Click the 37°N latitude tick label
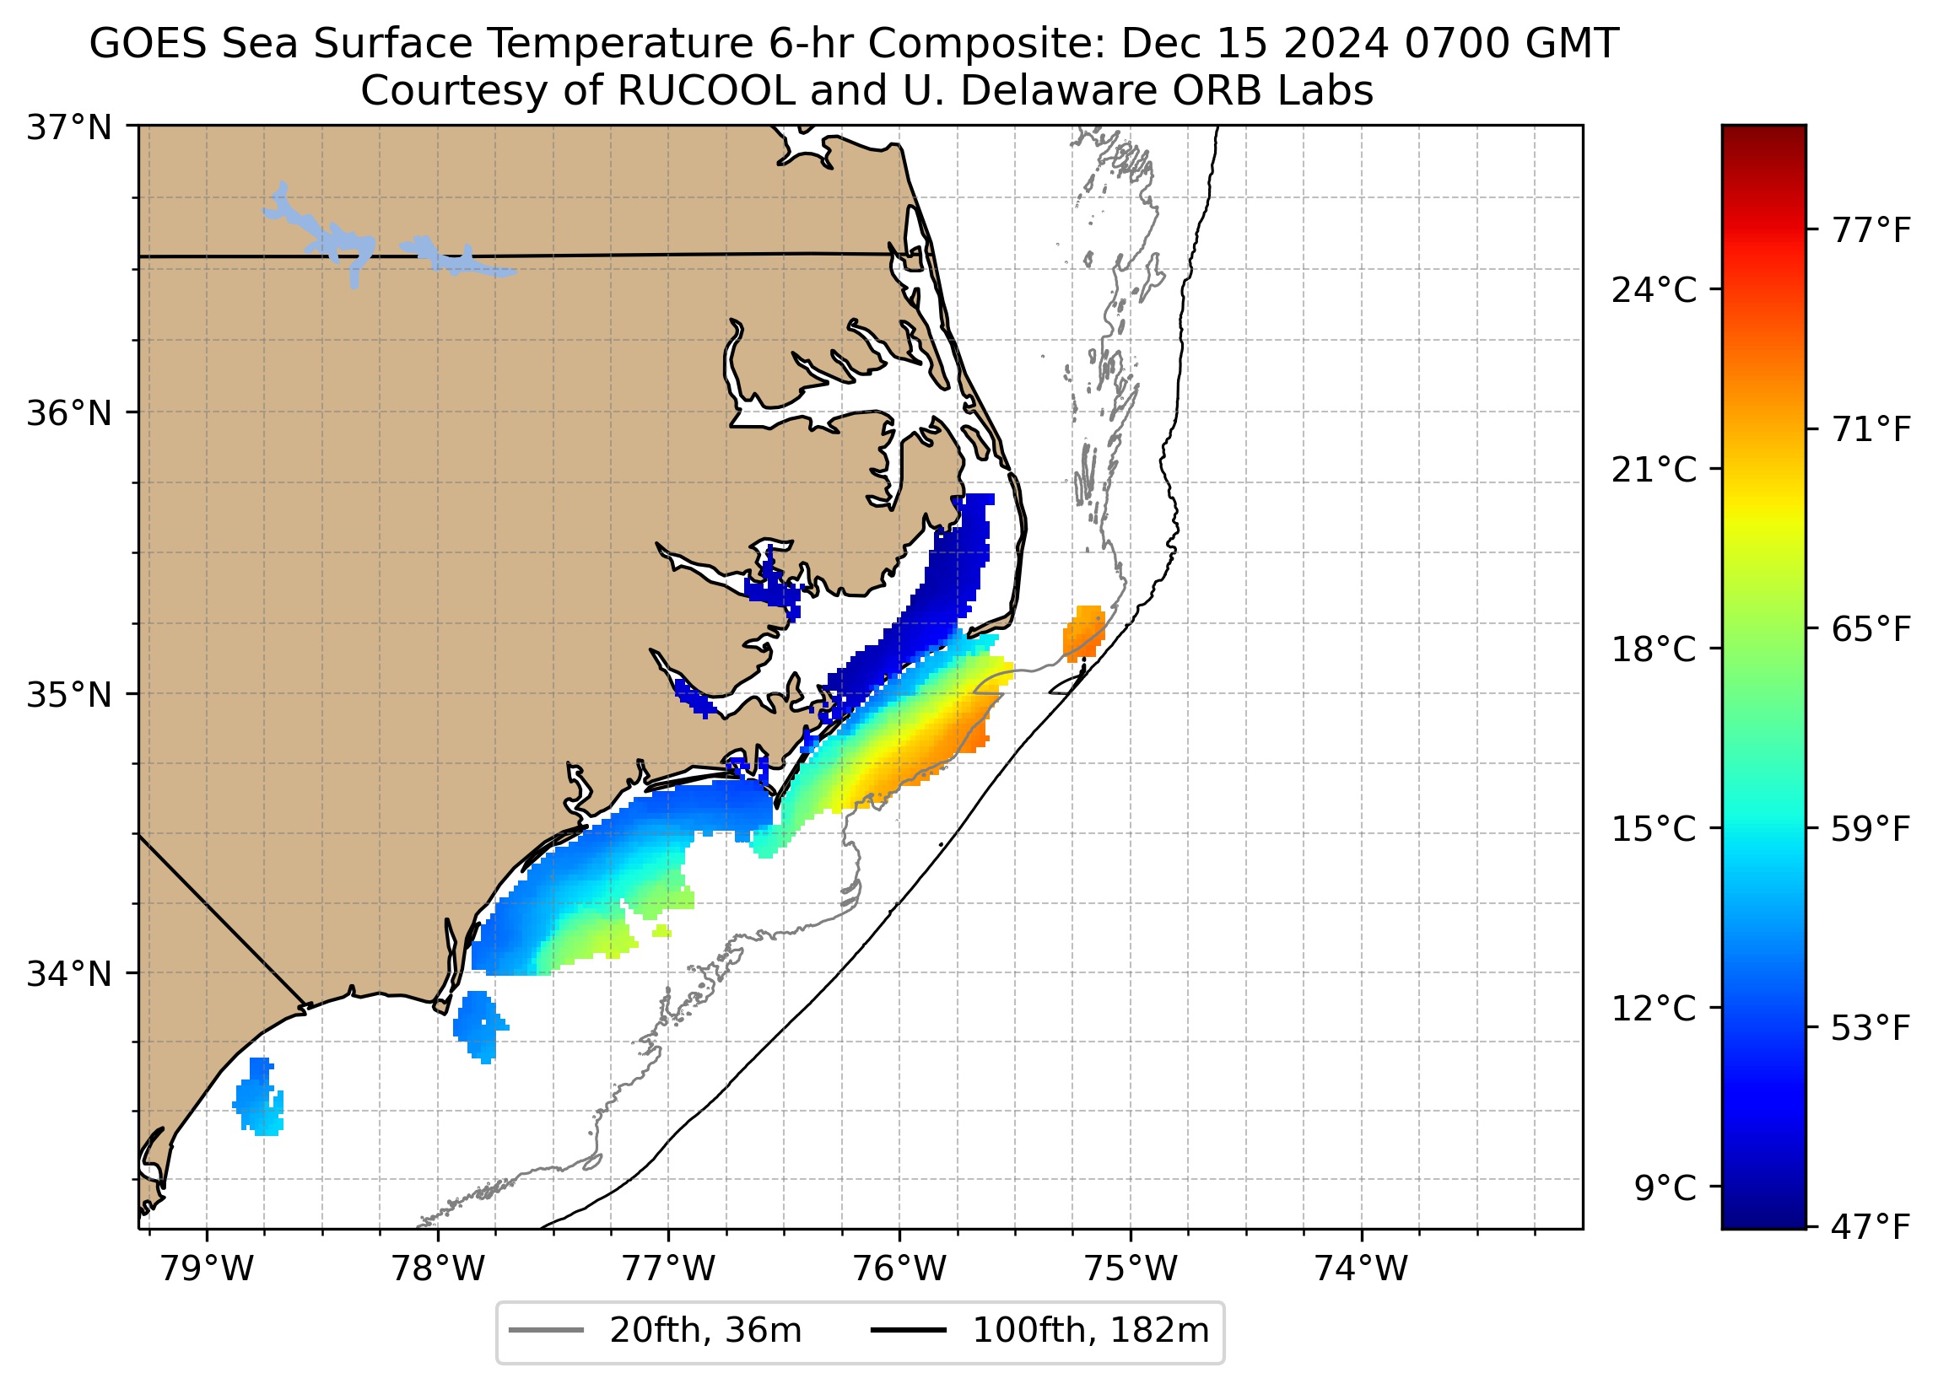pyautogui.click(x=69, y=128)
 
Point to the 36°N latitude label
pyautogui.click(x=69, y=413)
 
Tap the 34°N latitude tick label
pyautogui.click(x=69, y=974)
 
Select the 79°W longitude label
pyautogui.click(x=208, y=1270)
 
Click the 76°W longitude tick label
pyautogui.click(x=899, y=1270)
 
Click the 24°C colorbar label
pyautogui.click(x=1654, y=291)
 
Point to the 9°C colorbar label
pyautogui.click(x=1665, y=1188)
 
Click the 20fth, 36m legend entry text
pyautogui.click(x=705, y=1331)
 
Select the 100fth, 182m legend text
pyautogui.click(x=1090, y=1331)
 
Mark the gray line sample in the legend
pyautogui.click(x=547, y=1331)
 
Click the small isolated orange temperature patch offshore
pyautogui.click(x=1084, y=633)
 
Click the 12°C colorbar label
pyautogui.click(x=1654, y=1009)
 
